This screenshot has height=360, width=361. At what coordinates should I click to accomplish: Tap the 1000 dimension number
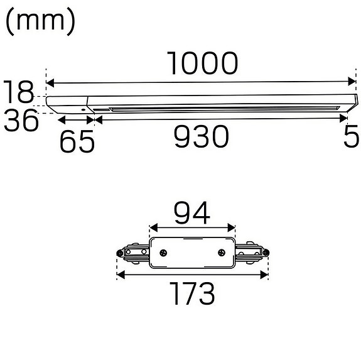pos(202,63)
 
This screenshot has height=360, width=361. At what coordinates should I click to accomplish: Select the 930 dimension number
pos(202,136)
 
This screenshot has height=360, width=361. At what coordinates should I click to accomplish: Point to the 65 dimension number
pos(77,141)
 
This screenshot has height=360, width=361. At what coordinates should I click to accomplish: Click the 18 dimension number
pos(18,92)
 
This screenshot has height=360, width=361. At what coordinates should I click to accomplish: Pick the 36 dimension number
pos(21,120)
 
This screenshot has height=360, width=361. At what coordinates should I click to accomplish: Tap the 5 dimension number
pos(352,136)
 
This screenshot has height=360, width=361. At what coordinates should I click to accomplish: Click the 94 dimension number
pos(191,213)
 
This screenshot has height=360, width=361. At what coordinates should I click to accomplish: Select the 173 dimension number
pos(192,293)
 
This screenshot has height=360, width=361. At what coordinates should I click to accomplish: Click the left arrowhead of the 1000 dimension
pos(50,83)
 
